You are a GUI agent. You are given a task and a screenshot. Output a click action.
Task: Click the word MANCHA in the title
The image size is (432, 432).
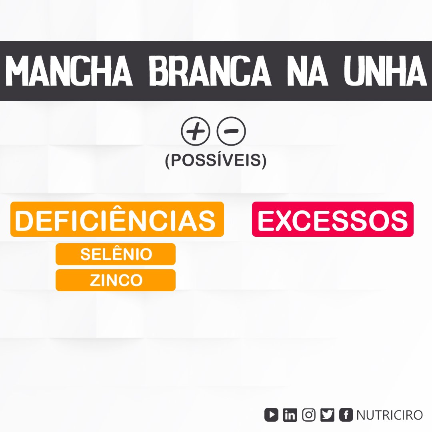click(69, 71)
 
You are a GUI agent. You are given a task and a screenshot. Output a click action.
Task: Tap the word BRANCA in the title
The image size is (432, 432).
click(210, 71)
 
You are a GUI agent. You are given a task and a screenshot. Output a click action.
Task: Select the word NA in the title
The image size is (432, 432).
click(307, 71)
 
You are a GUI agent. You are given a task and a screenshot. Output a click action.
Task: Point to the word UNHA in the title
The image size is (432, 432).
click(385, 71)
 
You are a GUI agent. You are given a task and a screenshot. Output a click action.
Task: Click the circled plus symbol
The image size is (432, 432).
click(195, 131)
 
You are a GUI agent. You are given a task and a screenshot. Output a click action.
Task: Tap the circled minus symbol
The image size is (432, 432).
click(231, 131)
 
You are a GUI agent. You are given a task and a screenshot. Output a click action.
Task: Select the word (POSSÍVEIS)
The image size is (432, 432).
click(216, 160)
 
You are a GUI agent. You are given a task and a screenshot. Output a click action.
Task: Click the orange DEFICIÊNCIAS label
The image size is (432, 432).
click(117, 219)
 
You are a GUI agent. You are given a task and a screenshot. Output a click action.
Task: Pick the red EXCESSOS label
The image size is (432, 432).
click(332, 219)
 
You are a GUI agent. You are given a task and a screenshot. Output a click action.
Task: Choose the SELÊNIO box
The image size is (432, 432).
click(116, 254)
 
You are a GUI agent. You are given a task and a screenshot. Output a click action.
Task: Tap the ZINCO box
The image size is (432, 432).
click(116, 280)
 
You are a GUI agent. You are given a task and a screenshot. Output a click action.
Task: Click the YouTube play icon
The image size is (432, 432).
click(271, 415)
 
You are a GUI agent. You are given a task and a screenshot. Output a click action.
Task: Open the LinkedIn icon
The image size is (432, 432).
click(290, 415)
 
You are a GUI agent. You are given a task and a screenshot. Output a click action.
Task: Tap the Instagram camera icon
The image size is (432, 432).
click(309, 415)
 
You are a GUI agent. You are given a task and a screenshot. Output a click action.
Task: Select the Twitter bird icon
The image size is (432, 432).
click(327, 415)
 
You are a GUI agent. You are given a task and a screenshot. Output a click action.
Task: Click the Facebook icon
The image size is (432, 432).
click(346, 415)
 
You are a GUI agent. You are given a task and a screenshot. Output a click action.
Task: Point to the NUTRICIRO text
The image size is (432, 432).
click(390, 415)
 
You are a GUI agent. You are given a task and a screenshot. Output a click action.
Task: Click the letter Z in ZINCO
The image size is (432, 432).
click(95, 280)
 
